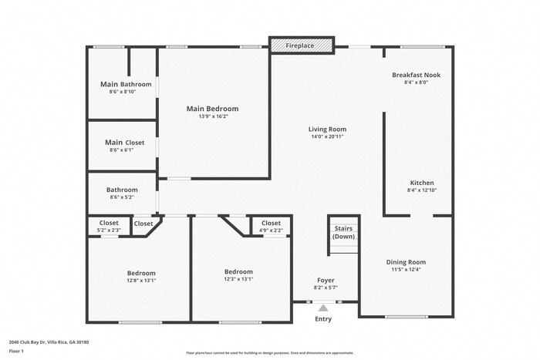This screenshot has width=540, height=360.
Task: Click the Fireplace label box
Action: click(x=302, y=46)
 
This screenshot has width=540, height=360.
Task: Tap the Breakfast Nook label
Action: click(x=416, y=75)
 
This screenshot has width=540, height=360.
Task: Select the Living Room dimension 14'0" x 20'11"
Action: click(x=327, y=136)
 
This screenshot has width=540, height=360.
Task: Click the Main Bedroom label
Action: click(x=212, y=109)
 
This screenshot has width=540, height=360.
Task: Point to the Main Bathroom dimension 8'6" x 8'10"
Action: click(x=123, y=92)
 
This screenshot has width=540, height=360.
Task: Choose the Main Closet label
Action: click(x=124, y=143)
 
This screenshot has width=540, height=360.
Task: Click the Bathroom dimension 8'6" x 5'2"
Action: click(x=122, y=197)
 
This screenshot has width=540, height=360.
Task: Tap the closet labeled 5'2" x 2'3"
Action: click(x=108, y=230)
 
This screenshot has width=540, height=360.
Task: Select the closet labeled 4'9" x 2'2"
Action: click(x=271, y=230)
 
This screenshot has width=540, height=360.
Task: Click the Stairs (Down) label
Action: click(x=343, y=232)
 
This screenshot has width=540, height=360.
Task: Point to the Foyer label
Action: click(x=326, y=280)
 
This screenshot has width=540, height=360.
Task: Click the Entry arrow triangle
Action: click(x=322, y=308)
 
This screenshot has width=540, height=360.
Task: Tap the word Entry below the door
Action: click(x=323, y=319)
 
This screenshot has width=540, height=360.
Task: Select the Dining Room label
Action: click(x=406, y=262)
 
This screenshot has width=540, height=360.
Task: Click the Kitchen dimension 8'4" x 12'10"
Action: click(x=421, y=190)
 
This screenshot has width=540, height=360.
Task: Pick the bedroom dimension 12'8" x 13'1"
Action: click(x=141, y=281)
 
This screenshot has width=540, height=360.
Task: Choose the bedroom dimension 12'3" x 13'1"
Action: click(x=238, y=279)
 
